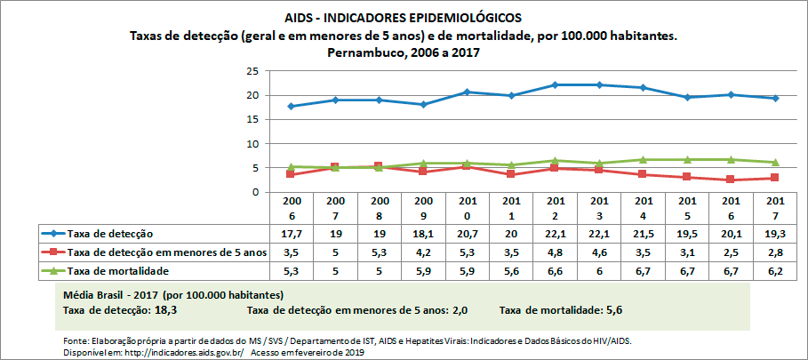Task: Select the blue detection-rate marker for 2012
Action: [x=554, y=84]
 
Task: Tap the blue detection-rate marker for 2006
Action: [x=291, y=106]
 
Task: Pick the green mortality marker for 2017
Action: [x=775, y=162]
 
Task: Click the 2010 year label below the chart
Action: [x=467, y=209]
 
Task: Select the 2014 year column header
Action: [x=643, y=209]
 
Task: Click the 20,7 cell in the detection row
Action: [x=467, y=234]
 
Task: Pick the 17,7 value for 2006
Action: [x=291, y=234]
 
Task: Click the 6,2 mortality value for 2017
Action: [x=775, y=270]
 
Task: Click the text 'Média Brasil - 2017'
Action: [x=116, y=294]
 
